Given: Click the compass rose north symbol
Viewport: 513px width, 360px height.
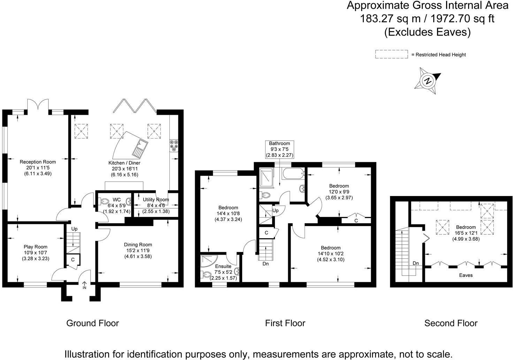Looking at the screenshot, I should coord(428,81).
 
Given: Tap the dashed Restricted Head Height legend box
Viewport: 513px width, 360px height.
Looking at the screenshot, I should coord(391,54).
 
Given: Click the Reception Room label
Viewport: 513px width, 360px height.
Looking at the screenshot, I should coord(38,162).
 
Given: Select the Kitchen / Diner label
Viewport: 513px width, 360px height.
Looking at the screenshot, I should coord(124,163).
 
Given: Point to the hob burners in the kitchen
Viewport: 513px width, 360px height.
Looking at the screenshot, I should coord(174,146).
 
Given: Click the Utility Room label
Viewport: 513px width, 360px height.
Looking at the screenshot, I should coord(156,200).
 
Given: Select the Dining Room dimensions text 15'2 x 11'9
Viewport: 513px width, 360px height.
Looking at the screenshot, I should coord(138,250).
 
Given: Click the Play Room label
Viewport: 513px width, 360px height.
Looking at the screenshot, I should coord(36,247).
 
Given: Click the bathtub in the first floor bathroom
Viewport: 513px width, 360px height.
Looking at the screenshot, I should coord(292,173).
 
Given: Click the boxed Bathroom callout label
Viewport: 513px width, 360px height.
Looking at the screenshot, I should coord(279,143).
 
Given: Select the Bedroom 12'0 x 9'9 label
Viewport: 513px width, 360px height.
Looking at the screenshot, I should coord(339,186).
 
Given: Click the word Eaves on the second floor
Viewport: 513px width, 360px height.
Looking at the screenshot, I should coord(466,275).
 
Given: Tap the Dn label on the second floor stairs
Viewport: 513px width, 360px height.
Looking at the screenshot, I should coord(415,263).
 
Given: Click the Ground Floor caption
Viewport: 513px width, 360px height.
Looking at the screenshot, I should coord(92,323).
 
